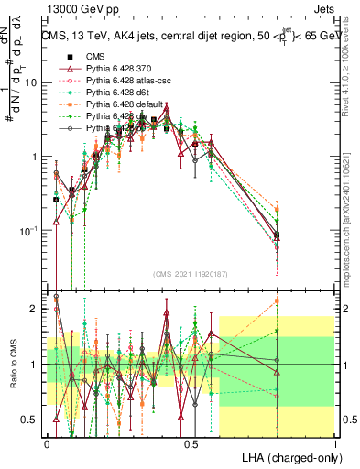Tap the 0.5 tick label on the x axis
(x=191, y=444)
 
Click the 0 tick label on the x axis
(x=47, y=444)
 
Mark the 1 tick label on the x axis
(x=334, y=444)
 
